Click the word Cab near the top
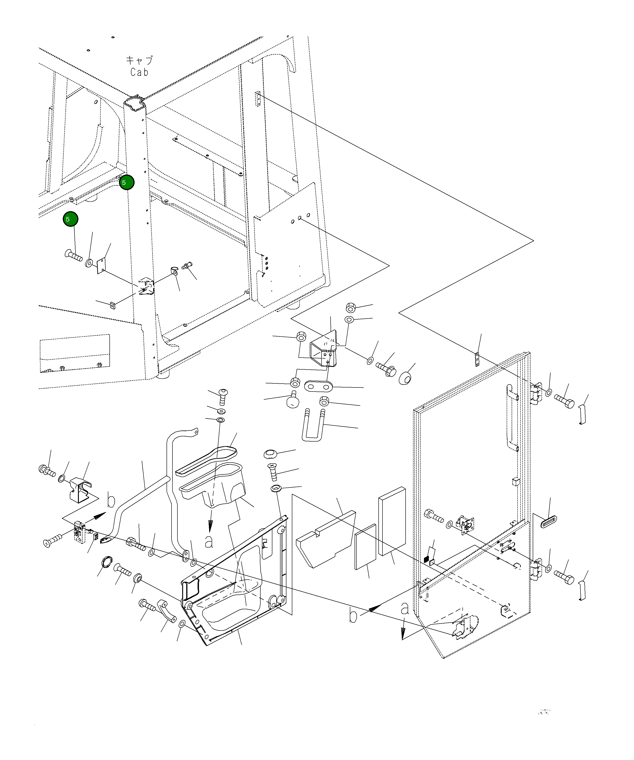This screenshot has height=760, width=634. [x=140, y=72]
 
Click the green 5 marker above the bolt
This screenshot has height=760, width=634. [x=70, y=219]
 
